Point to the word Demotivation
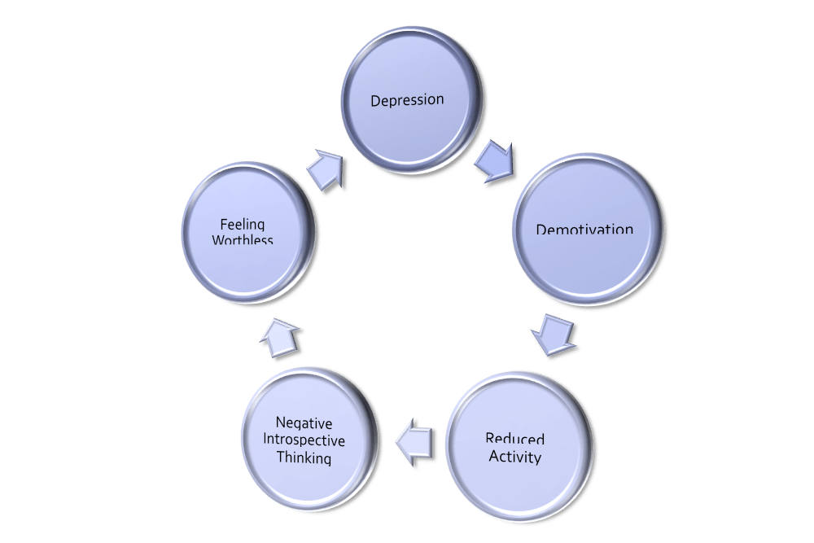584,229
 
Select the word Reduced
515,440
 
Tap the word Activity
515,457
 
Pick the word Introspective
309,440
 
